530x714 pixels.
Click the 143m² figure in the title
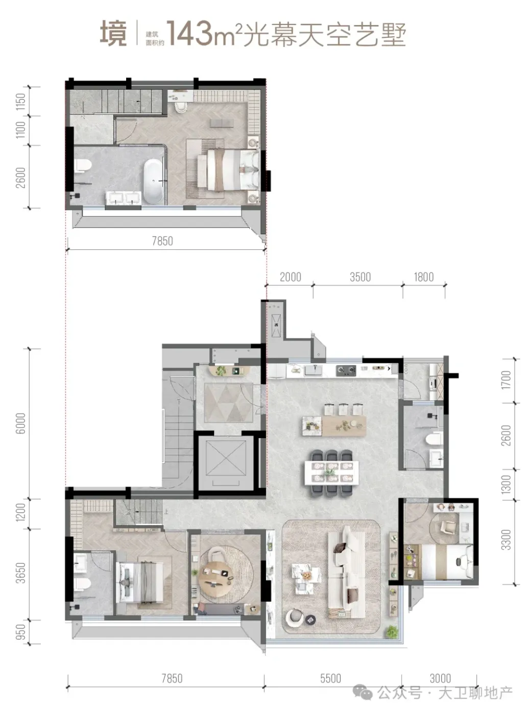(204, 34)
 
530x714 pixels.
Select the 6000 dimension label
(20, 424)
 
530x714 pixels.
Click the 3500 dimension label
(360, 277)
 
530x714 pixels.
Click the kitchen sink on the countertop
(314, 370)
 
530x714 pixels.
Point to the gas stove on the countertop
(346, 371)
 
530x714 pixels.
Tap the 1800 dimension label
(424, 277)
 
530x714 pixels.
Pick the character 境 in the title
(113, 34)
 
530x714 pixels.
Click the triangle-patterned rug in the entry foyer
(228, 402)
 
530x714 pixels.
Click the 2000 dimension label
(291, 277)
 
